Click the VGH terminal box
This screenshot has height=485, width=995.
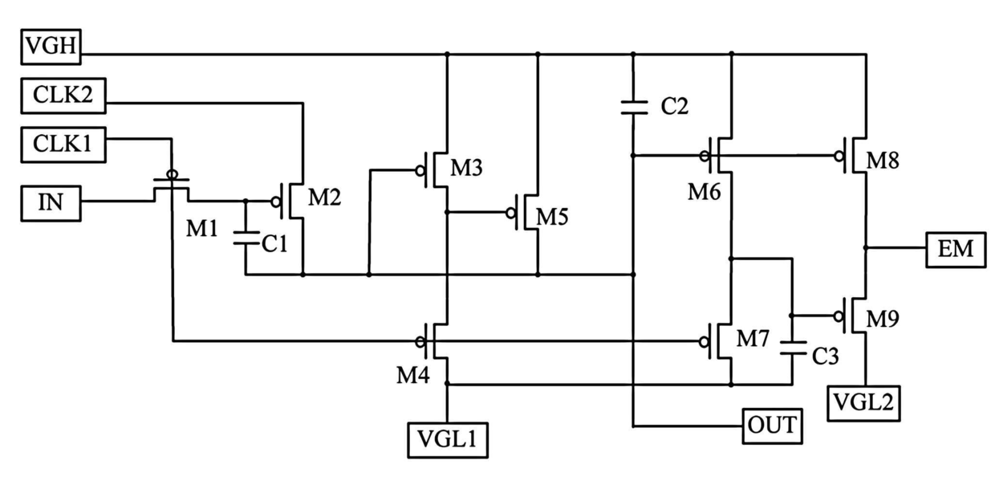[x=51, y=47]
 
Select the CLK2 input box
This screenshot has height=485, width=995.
[x=63, y=96]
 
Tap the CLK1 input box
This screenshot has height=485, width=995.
[x=63, y=145]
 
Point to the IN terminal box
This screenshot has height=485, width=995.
[x=51, y=204]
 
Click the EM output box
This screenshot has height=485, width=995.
[x=956, y=250]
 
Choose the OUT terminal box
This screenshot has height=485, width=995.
[x=773, y=426]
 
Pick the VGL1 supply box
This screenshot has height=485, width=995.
[x=448, y=440]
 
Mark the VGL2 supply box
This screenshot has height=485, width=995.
[x=863, y=403]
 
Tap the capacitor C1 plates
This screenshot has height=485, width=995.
[x=246, y=238]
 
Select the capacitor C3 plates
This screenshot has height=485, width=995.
[x=793, y=348]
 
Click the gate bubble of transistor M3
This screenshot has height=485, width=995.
[x=420, y=170]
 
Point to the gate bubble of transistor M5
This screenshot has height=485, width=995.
[x=510, y=213]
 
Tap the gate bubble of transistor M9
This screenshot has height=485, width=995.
[x=839, y=316]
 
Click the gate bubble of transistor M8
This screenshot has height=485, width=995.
[x=839, y=156]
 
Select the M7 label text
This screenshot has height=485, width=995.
[x=752, y=339]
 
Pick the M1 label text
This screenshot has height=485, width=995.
[x=201, y=229]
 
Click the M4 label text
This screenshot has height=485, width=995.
[x=413, y=376]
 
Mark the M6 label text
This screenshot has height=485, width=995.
[x=704, y=192]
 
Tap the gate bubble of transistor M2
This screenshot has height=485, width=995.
[x=276, y=202]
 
